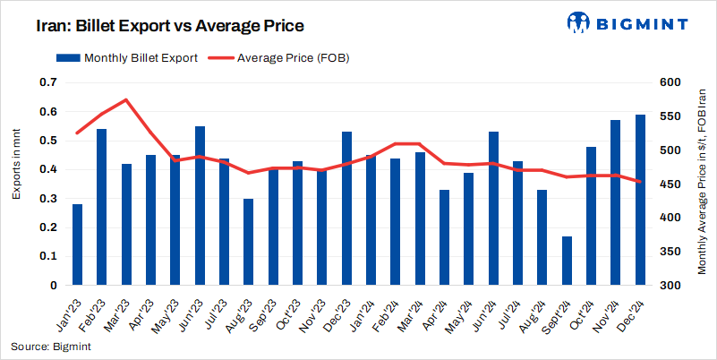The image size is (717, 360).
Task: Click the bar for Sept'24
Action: tap(567, 261)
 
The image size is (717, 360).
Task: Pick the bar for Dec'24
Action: tap(640, 200)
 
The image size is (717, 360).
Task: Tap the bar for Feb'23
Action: tap(102, 207)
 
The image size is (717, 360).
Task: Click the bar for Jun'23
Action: tap(200, 206)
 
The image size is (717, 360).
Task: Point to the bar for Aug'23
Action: tap(249, 242)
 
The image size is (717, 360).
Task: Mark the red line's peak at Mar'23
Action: tap(126, 99)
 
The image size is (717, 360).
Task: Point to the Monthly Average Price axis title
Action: tap(702, 179)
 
